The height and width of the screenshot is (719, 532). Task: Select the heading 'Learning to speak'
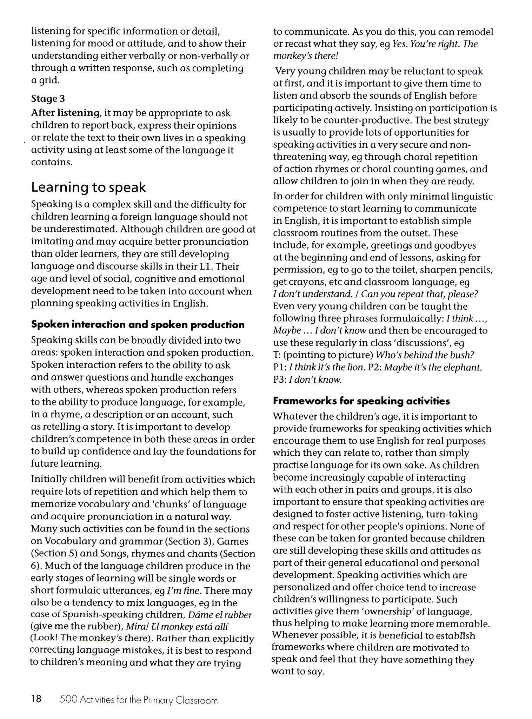coord(88,187)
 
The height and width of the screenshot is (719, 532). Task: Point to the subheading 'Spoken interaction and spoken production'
coord(138,325)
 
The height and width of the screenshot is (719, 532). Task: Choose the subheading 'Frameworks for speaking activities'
coord(361,401)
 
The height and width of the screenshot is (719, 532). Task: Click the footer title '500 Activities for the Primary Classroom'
coord(139,700)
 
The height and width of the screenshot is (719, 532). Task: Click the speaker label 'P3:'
coord(280,380)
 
